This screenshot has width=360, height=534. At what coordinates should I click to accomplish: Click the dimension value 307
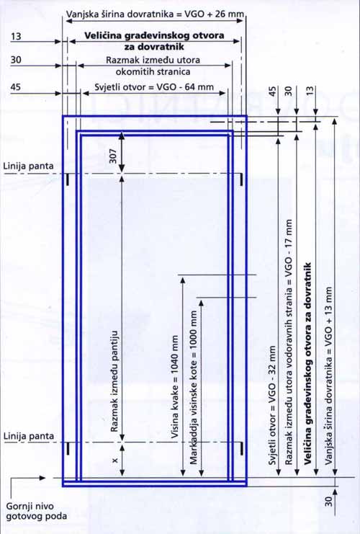(113, 156)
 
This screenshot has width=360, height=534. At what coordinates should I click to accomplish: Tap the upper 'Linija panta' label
(29, 166)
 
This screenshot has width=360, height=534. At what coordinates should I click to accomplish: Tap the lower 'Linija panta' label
(29, 436)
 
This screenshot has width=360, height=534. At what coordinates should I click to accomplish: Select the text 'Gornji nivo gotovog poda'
(36, 511)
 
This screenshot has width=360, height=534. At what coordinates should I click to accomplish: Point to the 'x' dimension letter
(115, 460)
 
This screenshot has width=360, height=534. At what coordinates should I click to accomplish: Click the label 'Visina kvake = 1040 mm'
(174, 386)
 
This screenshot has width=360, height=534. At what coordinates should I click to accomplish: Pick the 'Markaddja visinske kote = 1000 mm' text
(193, 387)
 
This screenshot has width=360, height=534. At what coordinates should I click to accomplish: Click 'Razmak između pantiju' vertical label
(114, 381)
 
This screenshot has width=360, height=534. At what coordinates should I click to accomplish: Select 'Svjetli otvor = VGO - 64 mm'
(154, 87)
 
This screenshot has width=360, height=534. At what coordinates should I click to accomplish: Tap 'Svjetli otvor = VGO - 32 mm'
(273, 405)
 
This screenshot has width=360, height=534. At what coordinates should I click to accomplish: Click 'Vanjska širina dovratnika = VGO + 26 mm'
(155, 14)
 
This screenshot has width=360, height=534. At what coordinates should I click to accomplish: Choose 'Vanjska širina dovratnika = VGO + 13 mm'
(328, 375)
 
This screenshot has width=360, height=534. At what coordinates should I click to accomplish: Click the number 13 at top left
(16, 36)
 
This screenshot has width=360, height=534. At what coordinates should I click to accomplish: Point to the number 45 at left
(16, 87)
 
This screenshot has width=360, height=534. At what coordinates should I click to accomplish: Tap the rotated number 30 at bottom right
(328, 502)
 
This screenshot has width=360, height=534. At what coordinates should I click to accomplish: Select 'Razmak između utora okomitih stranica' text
(153, 66)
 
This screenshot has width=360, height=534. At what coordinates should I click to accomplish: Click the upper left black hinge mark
(68, 179)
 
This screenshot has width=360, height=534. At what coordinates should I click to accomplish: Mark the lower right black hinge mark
(241, 448)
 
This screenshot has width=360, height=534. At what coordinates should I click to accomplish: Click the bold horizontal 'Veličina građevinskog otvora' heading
(154, 41)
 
